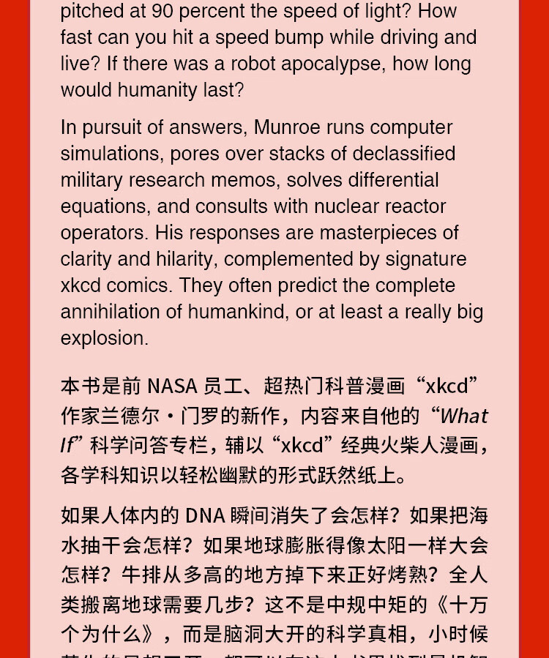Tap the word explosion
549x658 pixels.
point(105,338)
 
